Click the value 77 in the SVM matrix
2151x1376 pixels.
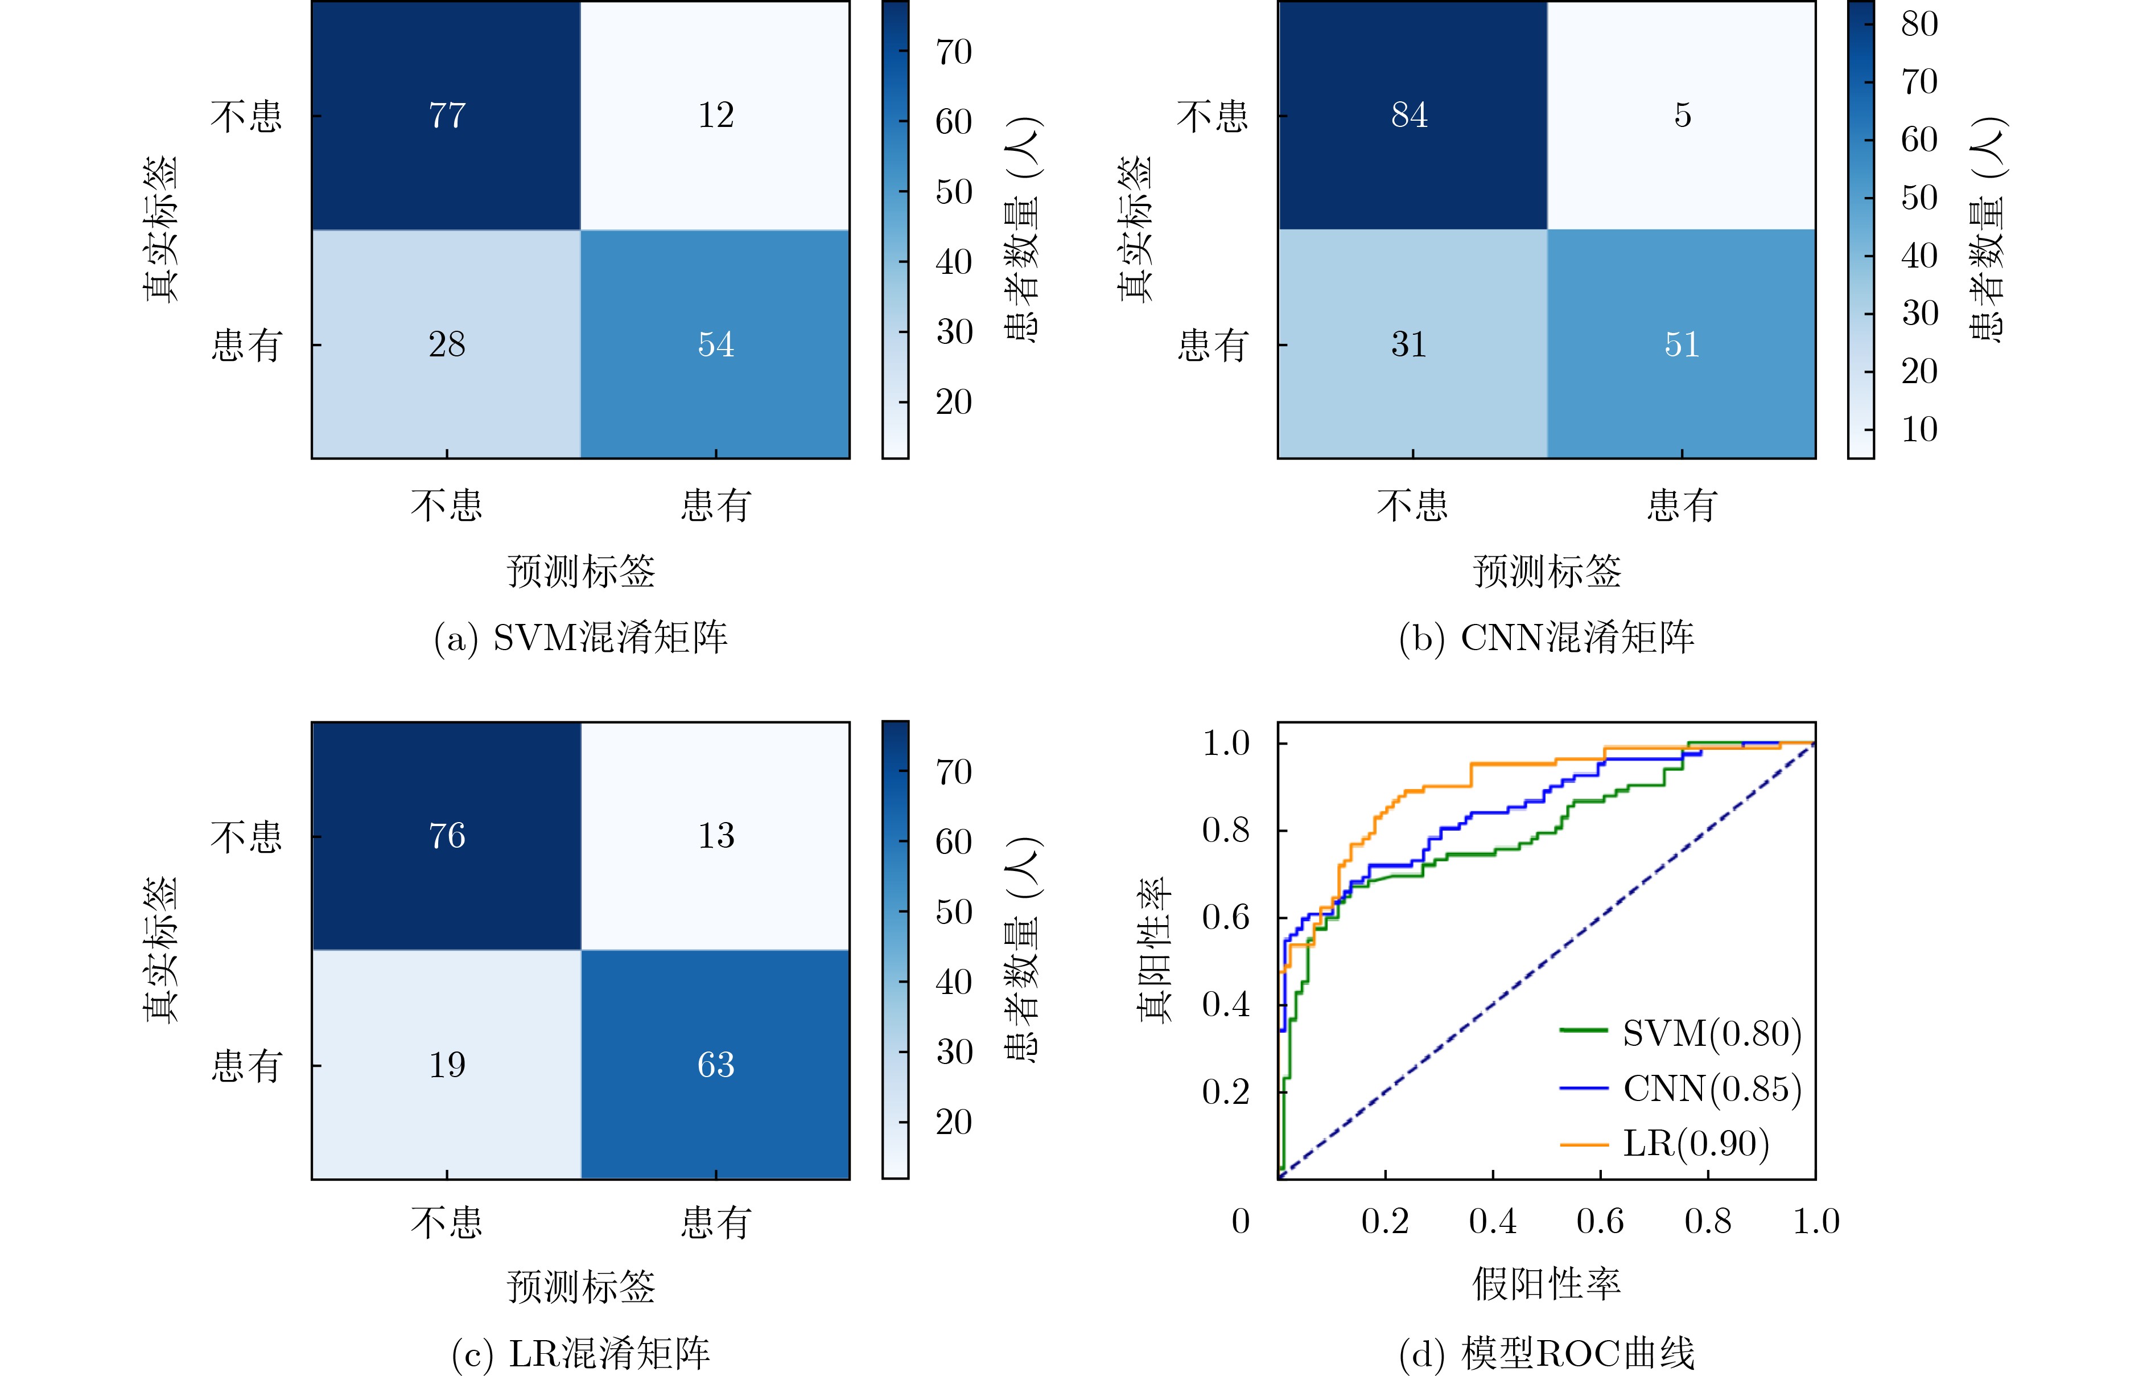pyautogui.click(x=447, y=115)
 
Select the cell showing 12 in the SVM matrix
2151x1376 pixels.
pyautogui.click(x=715, y=115)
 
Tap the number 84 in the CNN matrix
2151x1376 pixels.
pyautogui.click(x=1409, y=115)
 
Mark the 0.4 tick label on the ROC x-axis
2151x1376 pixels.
pyautogui.click(x=1493, y=1221)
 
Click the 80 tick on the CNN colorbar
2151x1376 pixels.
pyautogui.click(x=1919, y=24)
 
